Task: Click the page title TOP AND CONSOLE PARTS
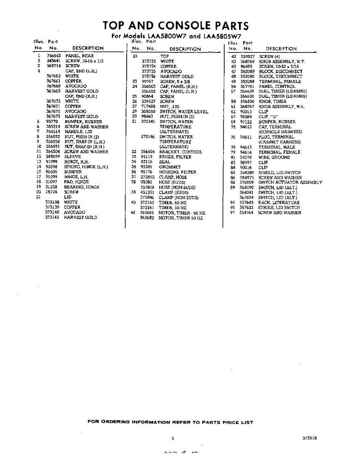[176, 26]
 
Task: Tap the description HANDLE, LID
[79, 132]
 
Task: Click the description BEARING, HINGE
[82, 187]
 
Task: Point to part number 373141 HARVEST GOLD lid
[52, 218]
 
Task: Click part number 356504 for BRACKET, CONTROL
[148, 152]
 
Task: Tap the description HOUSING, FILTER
[178, 172]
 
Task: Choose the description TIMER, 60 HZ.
[173, 202]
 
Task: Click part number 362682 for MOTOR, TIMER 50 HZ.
[147, 218]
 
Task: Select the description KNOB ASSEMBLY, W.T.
[282, 61]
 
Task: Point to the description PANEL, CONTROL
[277, 86]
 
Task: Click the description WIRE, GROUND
[274, 157]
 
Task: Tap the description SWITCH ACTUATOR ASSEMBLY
[290, 182]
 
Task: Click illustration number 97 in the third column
[233, 213]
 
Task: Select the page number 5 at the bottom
[173, 438]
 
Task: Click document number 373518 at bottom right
[310, 438]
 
